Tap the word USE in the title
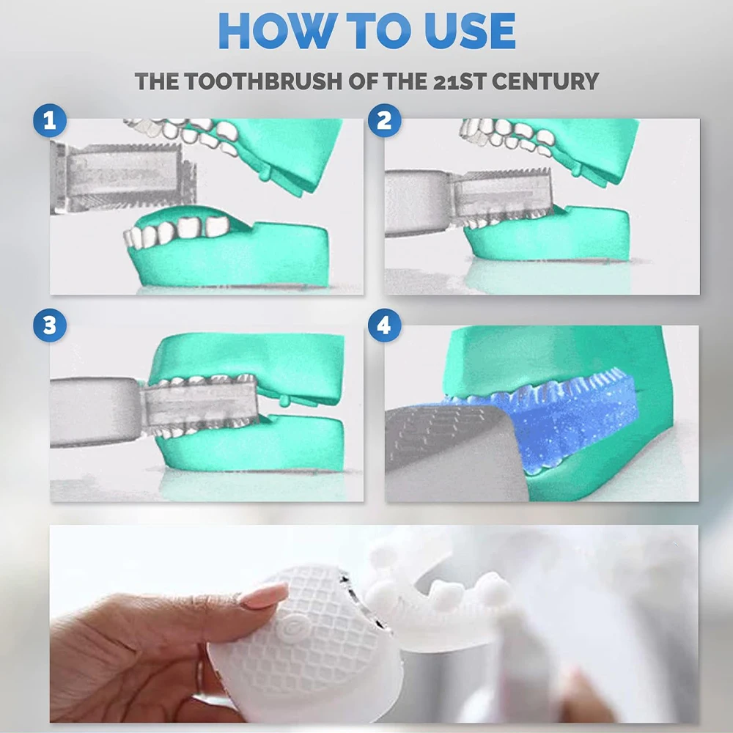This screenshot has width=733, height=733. pos(470,31)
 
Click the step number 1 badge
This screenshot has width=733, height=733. pos(50,121)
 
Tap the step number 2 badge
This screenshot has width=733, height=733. pos(384,121)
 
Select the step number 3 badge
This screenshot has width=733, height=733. pos(50,325)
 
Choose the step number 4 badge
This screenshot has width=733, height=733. pos(384,325)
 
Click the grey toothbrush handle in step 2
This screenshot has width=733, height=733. pos(417,202)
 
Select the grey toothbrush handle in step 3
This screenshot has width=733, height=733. pos(96,411)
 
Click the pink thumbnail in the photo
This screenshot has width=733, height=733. pos(265,595)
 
